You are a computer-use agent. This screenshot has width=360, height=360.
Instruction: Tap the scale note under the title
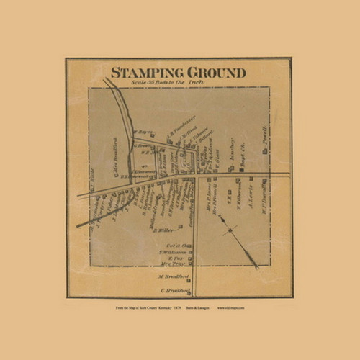click(x=176, y=84)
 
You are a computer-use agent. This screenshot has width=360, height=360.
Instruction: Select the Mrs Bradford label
click(x=114, y=152)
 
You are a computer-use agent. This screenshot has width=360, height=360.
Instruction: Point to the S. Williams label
click(x=171, y=252)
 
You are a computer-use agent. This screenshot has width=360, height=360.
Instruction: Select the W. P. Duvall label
click(x=266, y=198)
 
